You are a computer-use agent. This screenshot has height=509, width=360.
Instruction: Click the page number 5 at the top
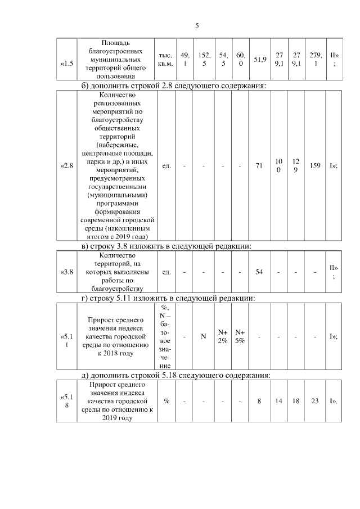pyautogui.click(x=197, y=25)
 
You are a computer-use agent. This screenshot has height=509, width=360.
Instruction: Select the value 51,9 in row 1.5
pyautogui.click(x=259, y=59)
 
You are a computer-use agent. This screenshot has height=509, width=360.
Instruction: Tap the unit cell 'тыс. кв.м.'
pyautogui.click(x=165, y=59)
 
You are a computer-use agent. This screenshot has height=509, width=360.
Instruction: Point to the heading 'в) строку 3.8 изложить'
pyautogui.click(x=166, y=246)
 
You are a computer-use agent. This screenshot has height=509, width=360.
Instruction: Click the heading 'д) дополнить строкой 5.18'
pyautogui.click(x=176, y=375)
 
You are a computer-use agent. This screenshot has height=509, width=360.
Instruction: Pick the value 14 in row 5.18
pyautogui.click(x=278, y=401)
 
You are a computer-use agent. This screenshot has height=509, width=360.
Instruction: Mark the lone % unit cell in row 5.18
pyautogui.click(x=166, y=401)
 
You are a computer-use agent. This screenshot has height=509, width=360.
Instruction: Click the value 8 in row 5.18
pyautogui.click(x=259, y=401)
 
